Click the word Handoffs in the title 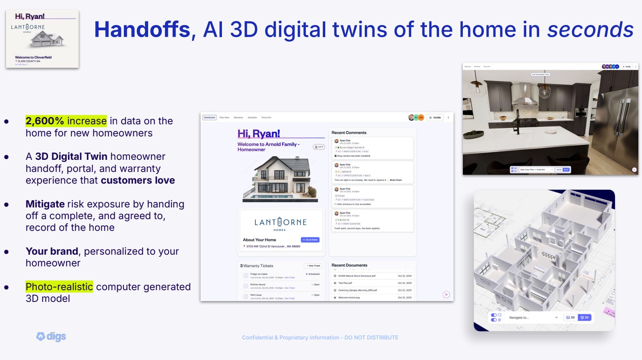pyautogui.click(x=142, y=30)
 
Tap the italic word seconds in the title pyautogui.click(x=590, y=30)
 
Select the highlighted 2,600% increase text pyautogui.click(x=66, y=121)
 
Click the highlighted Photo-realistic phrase pyautogui.click(x=59, y=287)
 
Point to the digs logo pyautogui.click(x=51, y=337)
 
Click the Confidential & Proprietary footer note pyautogui.click(x=320, y=337)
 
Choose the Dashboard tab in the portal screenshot pyautogui.click(x=209, y=117)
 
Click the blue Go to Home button pyautogui.click(x=310, y=240)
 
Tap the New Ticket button pyautogui.click(x=313, y=266)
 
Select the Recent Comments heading pyautogui.click(x=349, y=132)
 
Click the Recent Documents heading pyautogui.click(x=349, y=265)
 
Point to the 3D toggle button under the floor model pyautogui.click(x=585, y=318)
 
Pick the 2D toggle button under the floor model pyautogui.click(x=571, y=318)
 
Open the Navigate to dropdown pyautogui.click(x=533, y=318)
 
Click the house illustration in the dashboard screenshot pyautogui.click(x=280, y=179)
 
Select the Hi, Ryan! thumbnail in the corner pyautogui.click(x=42, y=39)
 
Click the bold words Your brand pyautogui.click(x=52, y=251)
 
